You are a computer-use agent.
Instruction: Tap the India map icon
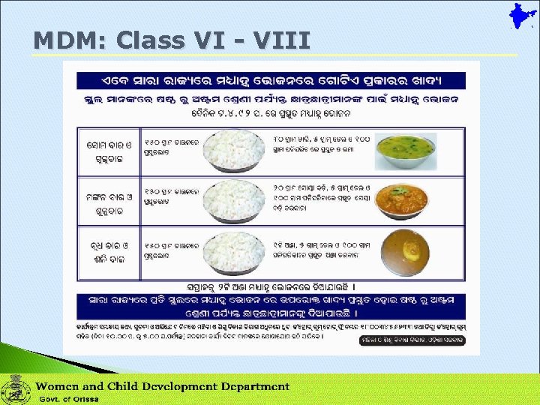(517, 19)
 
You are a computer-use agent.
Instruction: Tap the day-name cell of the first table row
(107, 151)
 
